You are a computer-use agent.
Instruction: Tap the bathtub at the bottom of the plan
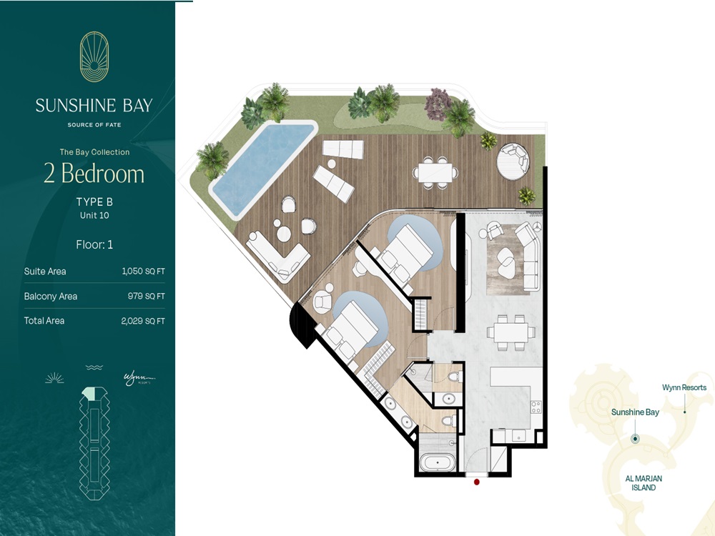click(x=435, y=462)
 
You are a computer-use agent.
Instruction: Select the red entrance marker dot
click(x=477, y=482)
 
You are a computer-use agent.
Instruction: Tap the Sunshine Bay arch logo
click(x=94, y=56)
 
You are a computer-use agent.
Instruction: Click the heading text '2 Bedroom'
click(x=94, y=174)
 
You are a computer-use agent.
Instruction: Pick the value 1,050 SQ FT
click(x=143, y=272)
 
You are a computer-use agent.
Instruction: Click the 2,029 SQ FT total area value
click(x=143, y=321)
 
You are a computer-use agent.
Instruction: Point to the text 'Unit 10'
click(x=94, y=215)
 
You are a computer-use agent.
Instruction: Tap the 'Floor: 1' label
click(x=94, y=244)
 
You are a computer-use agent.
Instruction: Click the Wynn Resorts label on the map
click(x=684, y=388)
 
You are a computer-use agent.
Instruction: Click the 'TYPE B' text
click(x=94, y=202)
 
